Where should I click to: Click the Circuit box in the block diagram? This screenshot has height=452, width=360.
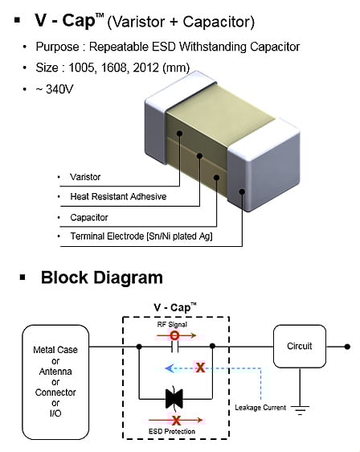pos(300,346)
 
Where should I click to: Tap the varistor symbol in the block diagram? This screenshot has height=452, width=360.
pos(174,399)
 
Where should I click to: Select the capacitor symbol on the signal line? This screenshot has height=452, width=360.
pos(174,347)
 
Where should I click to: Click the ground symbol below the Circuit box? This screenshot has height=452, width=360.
pos(300,409)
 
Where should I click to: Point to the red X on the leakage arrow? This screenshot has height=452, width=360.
pos(200,368)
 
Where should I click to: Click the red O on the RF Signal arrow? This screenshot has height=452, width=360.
pos(175,335)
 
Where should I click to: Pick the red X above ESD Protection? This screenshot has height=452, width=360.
pos(176,421)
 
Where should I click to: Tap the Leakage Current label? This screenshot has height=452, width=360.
pos(260,408)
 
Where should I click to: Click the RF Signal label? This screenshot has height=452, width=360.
pos(172,325)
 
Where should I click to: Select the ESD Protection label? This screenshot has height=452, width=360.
pos(172,432)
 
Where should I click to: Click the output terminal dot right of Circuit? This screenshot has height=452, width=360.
pos(347,347)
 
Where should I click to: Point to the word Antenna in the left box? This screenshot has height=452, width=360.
pos(55,372)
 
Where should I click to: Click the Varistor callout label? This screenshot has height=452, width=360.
pos(85,177)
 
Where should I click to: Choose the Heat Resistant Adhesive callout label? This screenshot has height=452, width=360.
pos(118,196)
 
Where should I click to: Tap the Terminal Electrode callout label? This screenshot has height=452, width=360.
pos(141,236)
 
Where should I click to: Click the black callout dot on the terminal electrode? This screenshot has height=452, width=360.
pos(242,191)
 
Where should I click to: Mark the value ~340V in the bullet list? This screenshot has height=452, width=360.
pos(55,89)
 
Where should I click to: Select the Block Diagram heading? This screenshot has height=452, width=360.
pos(102,277)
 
